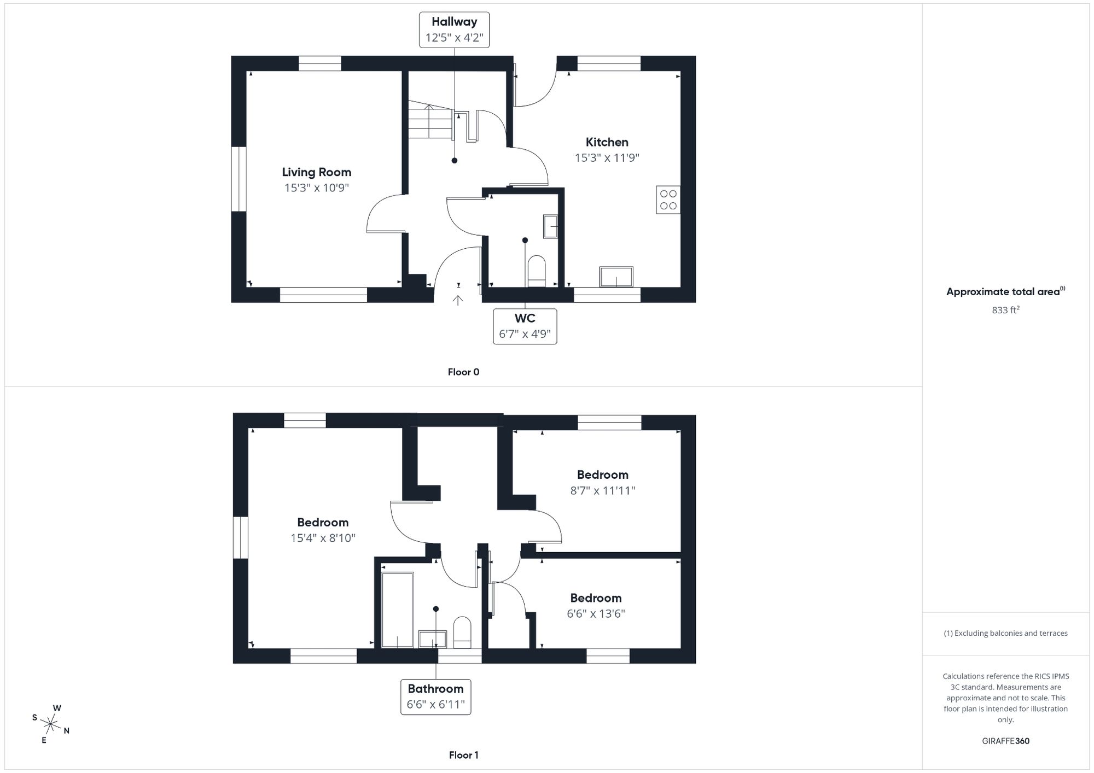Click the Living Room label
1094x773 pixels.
[316, 172]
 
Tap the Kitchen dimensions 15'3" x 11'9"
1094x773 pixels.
[607, 158]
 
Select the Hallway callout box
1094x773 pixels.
[454, 30]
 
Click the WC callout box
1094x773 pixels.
[525, 326]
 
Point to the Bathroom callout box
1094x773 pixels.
[435, 696]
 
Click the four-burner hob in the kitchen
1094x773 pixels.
[668, 200]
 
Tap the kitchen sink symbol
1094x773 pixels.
[616, 277]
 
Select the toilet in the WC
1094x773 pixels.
[537, 270]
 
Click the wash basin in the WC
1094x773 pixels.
[550, 226]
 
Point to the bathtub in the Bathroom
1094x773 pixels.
[397, 610]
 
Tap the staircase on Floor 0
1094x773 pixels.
[430, 122]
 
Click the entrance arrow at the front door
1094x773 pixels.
[458, 300]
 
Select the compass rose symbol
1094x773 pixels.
[50, 725]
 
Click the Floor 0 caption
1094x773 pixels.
[463, 372]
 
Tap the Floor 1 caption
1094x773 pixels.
[463, 756]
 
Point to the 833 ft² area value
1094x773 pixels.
[1005, 310]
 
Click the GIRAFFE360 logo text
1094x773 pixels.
[1005, 741]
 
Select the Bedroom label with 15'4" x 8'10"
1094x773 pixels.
[323, 523]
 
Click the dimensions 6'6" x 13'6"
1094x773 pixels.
[596, 614]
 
